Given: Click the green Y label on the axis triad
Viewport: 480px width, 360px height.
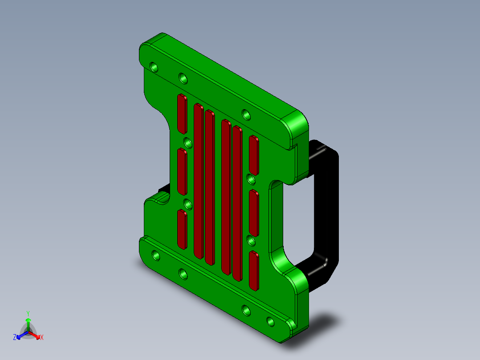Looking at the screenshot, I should tap(28, 313).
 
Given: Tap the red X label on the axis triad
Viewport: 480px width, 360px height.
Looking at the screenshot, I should tap(42, 338).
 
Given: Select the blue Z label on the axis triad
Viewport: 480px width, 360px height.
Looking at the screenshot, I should tap(14, 337).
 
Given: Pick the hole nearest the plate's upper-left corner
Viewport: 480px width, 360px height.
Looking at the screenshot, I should tap(154, 68).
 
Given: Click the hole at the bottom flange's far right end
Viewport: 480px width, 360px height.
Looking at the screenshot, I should tap(270, 321).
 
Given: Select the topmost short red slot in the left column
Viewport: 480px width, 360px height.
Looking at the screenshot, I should tap(182, 114).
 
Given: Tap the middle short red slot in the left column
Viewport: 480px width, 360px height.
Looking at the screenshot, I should tap(182, 172).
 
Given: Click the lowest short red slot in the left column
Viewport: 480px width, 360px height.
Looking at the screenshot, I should tap(182, 229).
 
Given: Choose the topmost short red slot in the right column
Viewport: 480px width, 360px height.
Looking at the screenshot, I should tap(254, 155).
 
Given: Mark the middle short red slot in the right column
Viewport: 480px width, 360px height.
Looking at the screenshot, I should tap(254, 213).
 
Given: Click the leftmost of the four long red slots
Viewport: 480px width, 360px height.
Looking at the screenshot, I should tap(199, 180).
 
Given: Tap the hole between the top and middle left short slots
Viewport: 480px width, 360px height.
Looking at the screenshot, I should tap(188, 143).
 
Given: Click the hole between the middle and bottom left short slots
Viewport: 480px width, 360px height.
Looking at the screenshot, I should tap(188, 204).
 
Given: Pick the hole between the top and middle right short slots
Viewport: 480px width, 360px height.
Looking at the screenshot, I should tap(251, 179).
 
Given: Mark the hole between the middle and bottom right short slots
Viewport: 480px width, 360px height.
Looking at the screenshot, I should tap(251, 241).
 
